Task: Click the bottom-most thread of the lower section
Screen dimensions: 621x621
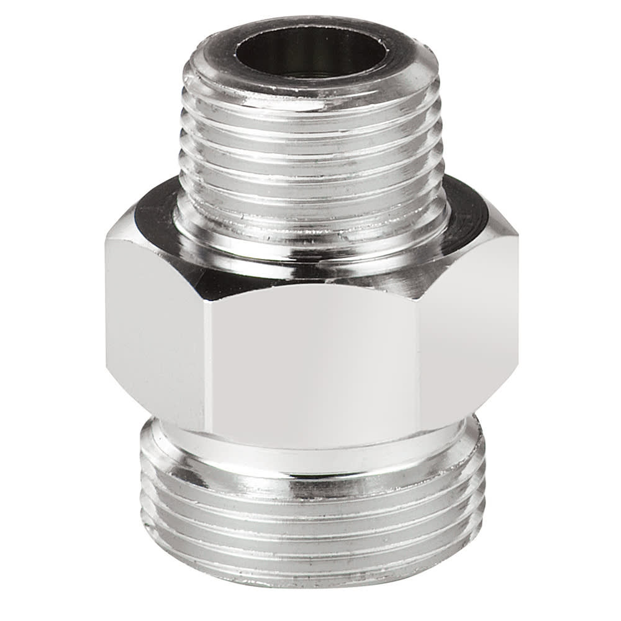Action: coord(310,568)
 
